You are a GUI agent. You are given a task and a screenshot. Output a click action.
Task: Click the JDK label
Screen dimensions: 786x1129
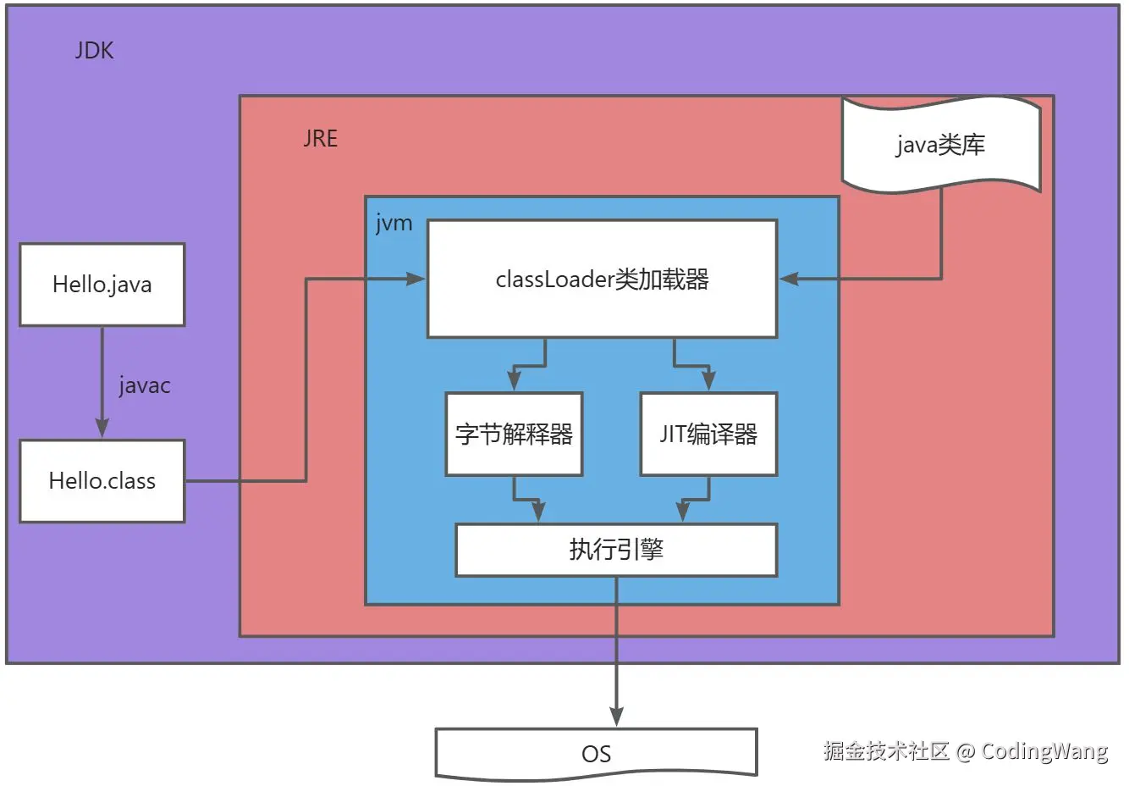94,51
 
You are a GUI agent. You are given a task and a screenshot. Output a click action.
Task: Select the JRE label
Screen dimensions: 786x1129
320,139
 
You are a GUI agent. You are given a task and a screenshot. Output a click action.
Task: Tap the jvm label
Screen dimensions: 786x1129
394,224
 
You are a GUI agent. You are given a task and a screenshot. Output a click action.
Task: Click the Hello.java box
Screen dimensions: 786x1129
102,285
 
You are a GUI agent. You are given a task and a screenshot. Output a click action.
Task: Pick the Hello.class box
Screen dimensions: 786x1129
102,481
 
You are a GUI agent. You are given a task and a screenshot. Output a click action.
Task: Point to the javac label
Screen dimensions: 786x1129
145,386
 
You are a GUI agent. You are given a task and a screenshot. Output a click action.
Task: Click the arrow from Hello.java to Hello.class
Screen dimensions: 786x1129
102,381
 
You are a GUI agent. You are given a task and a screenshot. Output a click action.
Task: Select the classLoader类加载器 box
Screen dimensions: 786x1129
602,280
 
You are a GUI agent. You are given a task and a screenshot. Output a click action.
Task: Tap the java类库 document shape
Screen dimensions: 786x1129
940,145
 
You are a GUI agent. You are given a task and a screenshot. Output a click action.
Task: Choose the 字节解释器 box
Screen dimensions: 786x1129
514,435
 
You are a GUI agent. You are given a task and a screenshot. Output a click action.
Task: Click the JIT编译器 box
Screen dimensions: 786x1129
708,435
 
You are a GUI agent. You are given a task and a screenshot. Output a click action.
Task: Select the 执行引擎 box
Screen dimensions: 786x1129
616,550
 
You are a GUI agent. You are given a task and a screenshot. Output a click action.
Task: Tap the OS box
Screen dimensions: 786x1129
596,753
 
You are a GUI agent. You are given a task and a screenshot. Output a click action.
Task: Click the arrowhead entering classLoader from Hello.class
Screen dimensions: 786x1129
416,279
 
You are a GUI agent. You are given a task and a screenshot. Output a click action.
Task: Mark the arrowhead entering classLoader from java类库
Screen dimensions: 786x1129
789,279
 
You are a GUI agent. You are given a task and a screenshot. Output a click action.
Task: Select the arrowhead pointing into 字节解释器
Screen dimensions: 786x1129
514,380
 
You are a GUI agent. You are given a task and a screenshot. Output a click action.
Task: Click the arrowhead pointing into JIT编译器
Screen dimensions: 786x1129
708,380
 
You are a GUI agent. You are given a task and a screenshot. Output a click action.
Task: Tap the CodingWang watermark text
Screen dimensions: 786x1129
1044,751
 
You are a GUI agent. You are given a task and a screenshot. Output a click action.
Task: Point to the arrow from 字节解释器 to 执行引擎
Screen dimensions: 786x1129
526,501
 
